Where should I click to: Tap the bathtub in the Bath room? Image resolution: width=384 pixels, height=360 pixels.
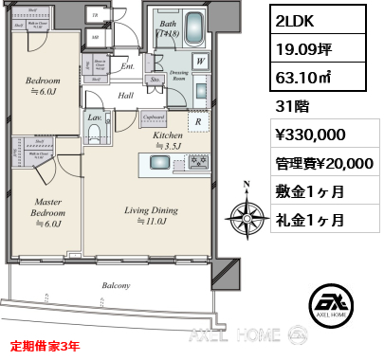pos(195,26)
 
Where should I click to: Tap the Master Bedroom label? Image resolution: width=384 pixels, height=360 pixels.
pos(47,206)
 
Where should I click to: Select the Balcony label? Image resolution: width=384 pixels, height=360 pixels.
pos(118,284)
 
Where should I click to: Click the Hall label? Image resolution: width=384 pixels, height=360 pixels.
pos(125,95)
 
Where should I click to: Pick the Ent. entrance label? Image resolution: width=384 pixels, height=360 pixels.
pos(128,67)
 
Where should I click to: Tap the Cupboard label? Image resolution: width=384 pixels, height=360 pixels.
pos(152,117)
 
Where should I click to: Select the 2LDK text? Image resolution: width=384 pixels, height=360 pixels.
pos(295,20)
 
